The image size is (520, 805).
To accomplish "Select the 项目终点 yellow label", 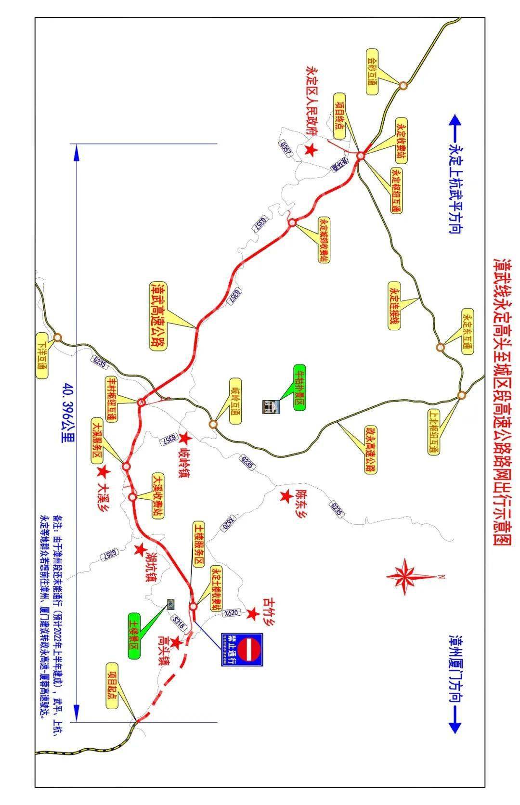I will coord(340,111).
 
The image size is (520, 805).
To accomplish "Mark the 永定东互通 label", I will coord(467,332).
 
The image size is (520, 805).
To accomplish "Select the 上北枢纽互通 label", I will coord(433,431).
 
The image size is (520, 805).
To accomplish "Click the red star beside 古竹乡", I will coord(252,614).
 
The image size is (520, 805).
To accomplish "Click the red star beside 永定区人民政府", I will coord(311,150).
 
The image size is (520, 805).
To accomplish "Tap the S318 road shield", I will coord(178,623).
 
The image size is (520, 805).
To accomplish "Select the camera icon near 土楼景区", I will coord(170,603).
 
